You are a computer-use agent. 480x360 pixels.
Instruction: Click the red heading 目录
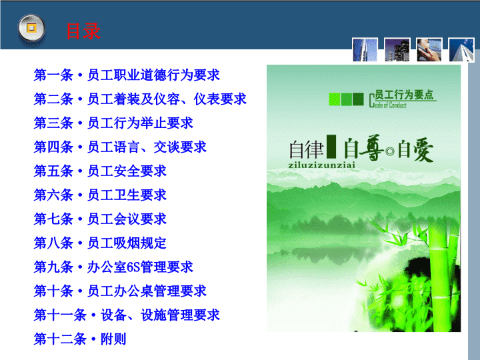pyautogui.click(x=83, y=31)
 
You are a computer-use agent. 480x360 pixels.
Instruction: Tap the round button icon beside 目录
pyautogui.click(x=31, y=29)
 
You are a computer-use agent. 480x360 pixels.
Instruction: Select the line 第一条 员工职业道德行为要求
pyautogui.click(x=127, y=75)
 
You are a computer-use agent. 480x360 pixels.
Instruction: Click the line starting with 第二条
pyautogui.click(x=140, y=99)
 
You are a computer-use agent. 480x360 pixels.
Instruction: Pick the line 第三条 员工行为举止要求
pyautogui.click(x=113, y=123)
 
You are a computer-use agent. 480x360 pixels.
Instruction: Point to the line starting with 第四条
pyautogui.click(x=120, y=147)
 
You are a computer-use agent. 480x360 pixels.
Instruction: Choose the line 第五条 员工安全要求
pyautogui.click(x=100, y=171)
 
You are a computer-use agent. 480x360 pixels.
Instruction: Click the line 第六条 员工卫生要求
pyautogui.click(x=100, y=195)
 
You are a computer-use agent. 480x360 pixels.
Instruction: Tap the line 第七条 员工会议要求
pyautogui.click(x=100, y=219)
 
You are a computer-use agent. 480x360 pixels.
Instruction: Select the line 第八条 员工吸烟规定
pyautogui.click(x=100, y=243)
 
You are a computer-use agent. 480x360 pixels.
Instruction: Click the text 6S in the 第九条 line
pyautogui.click(x=133, y=267)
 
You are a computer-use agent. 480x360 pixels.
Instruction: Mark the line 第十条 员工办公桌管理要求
pyautogui.click(x=120, y=291)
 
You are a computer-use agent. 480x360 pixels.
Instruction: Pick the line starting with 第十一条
pyautogui.click(x=127, y=315)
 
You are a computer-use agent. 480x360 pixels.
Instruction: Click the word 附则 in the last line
pyautogui.click(x=113, y=339)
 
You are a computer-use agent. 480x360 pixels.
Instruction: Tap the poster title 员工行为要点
pyautogui.click(x=404, y=95)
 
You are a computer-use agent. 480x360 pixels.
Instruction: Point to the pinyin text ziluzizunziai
pyautogui.click(x=322, y=165)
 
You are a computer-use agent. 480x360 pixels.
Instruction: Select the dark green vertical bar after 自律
pyautogui.click(x=331, y=146)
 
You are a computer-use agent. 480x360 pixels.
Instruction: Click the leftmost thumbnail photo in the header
pyautogui.click(x=365, y=49)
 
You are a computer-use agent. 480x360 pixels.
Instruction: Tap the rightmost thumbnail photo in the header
pyautogui.click(x=461, y=49)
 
